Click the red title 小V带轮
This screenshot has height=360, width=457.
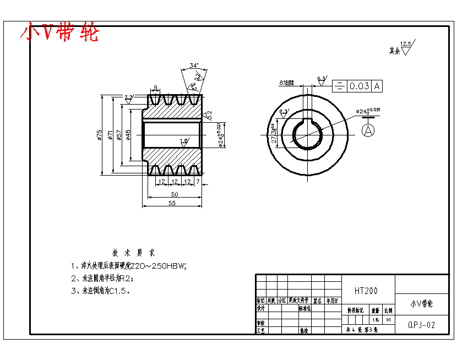[59, 33]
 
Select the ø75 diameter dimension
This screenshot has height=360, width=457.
[99, 135]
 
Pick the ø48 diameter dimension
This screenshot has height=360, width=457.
[128, 135]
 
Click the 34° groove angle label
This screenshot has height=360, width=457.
[194, 66]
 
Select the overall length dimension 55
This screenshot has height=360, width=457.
[171, 203]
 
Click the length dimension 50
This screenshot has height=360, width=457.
[175, 194]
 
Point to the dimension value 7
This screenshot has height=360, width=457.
[197, 182]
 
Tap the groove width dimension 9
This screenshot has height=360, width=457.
[156, 88]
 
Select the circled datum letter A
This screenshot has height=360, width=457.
[368, 130]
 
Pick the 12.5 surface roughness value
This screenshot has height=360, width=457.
[406, 43]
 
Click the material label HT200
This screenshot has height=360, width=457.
[366, 291]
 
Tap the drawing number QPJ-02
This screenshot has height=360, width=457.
[422, 325]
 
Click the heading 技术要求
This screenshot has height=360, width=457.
[134, 253]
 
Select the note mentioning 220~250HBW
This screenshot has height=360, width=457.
[129, 266]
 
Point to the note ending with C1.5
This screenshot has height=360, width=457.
[101, 291]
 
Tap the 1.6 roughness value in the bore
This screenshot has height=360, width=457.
[184, 141]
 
